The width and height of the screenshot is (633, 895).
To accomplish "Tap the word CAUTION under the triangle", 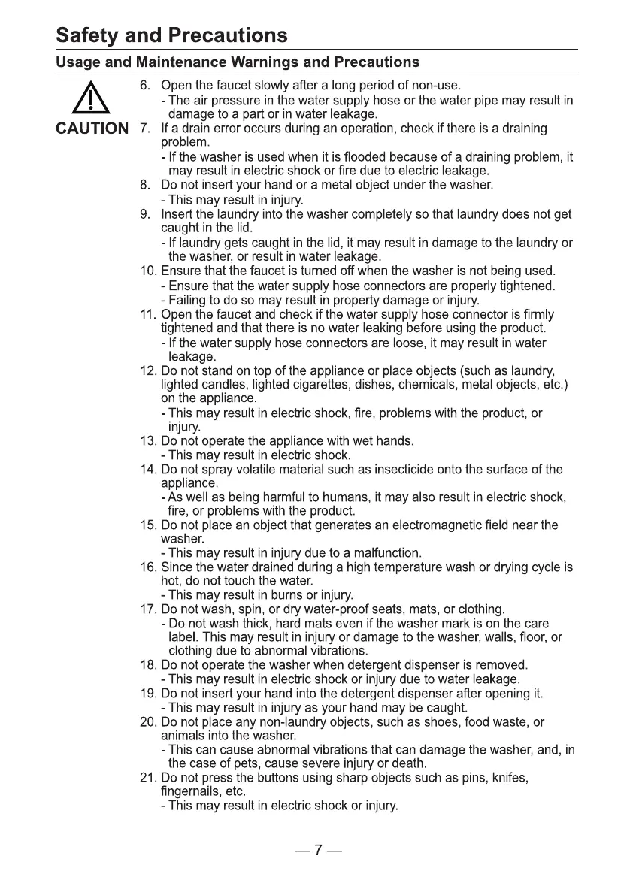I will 92,129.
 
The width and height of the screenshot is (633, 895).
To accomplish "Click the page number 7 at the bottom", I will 318,850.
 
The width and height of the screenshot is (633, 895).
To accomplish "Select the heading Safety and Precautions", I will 171,35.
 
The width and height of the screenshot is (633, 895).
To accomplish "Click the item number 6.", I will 146,86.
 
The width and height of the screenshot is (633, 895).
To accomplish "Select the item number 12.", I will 148,371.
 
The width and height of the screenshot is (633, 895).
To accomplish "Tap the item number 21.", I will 148,777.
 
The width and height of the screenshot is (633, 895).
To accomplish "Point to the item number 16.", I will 148,567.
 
